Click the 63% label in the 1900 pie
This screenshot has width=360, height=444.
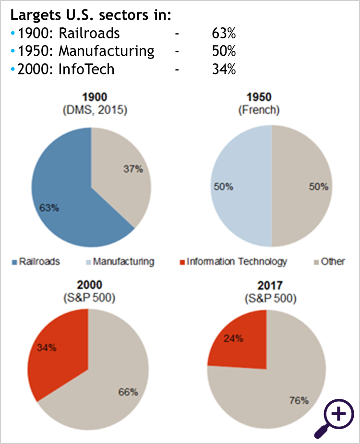(x=49, y=208)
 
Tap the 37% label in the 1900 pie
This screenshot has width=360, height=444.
(x=133, y=170)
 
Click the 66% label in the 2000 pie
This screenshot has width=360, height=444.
(x=128, y=392)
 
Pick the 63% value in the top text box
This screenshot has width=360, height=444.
(x=224, y=33)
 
